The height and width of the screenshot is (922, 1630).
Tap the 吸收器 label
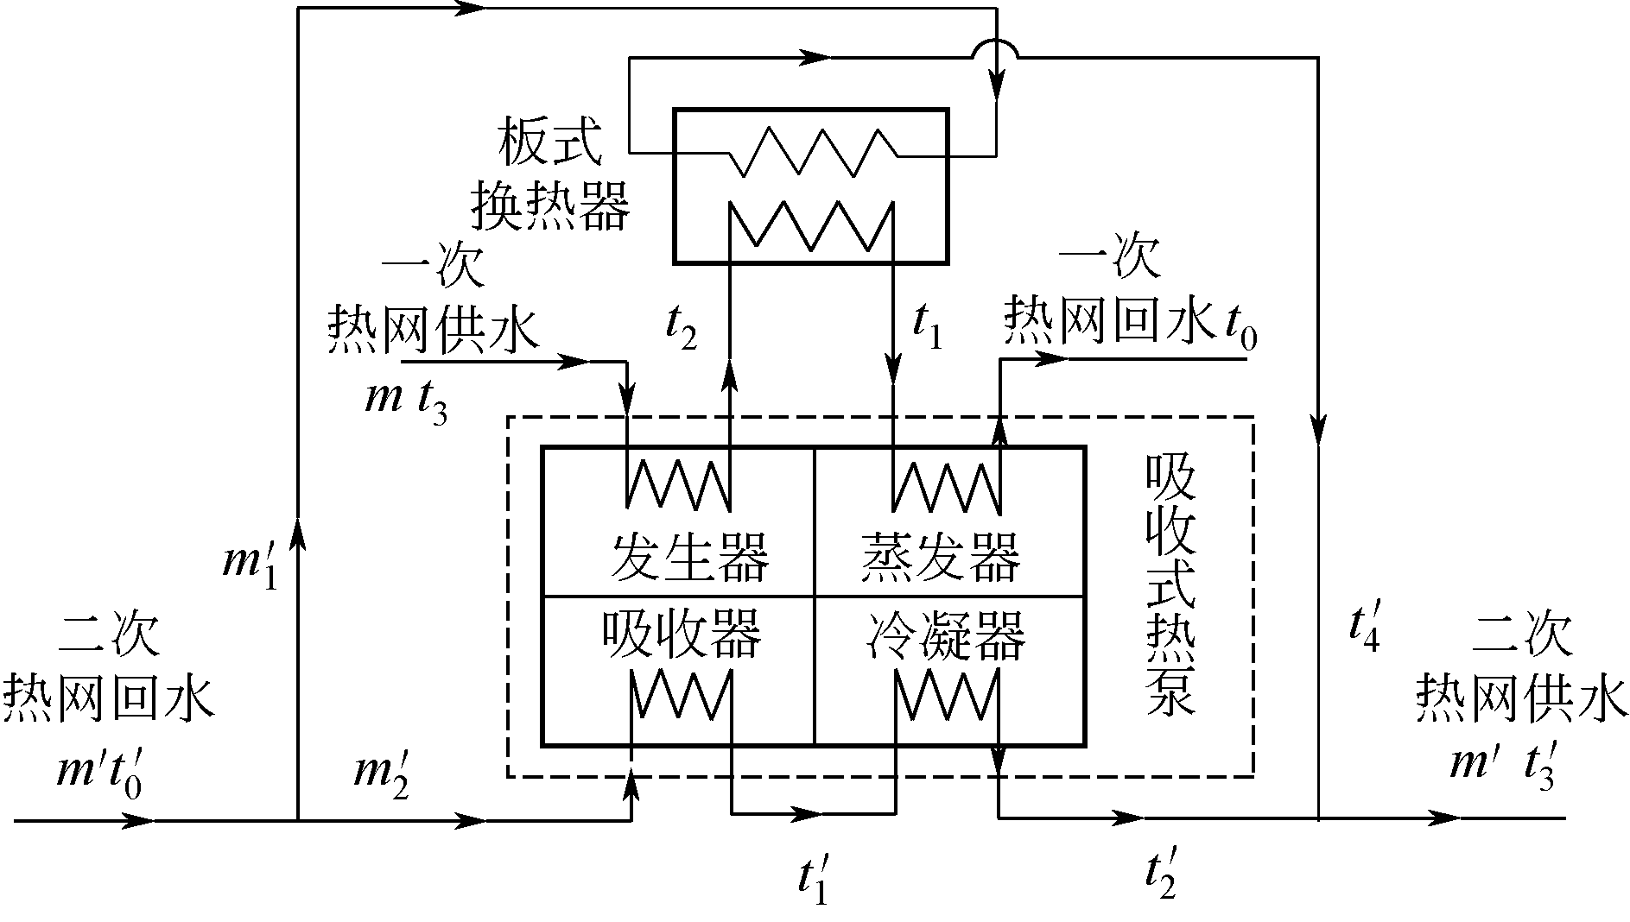pyautogui.click(x=682, y=635)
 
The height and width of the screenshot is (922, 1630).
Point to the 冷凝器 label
pyautogui.click(x=945, y=635)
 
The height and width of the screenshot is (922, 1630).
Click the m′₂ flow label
pyautogui.click(x=381, y=775)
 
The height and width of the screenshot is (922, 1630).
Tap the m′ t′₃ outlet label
pyautogui.click(x=1502, y=767)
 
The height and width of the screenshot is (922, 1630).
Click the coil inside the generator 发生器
pyautogui.click(x=678, y=484)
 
